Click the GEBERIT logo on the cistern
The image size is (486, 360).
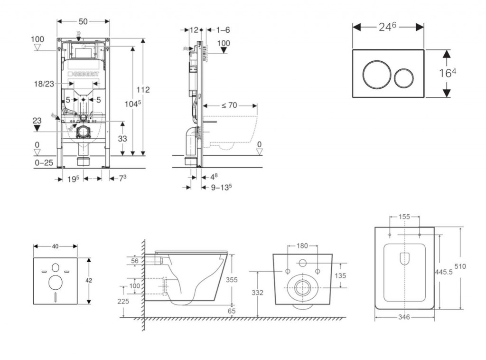(85, 74)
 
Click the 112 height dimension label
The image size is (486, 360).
(143, 90)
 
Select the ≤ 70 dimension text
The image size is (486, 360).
(229, 105)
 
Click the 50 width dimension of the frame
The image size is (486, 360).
(83, 22)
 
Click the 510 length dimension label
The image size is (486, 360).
(459, 266)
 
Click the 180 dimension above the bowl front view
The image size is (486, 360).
(302, 246)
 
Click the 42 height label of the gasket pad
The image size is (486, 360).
(88, 281)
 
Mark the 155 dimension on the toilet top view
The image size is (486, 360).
(404, 217)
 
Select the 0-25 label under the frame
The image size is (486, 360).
(43, 162)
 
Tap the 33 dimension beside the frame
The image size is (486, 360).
(122, 139)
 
